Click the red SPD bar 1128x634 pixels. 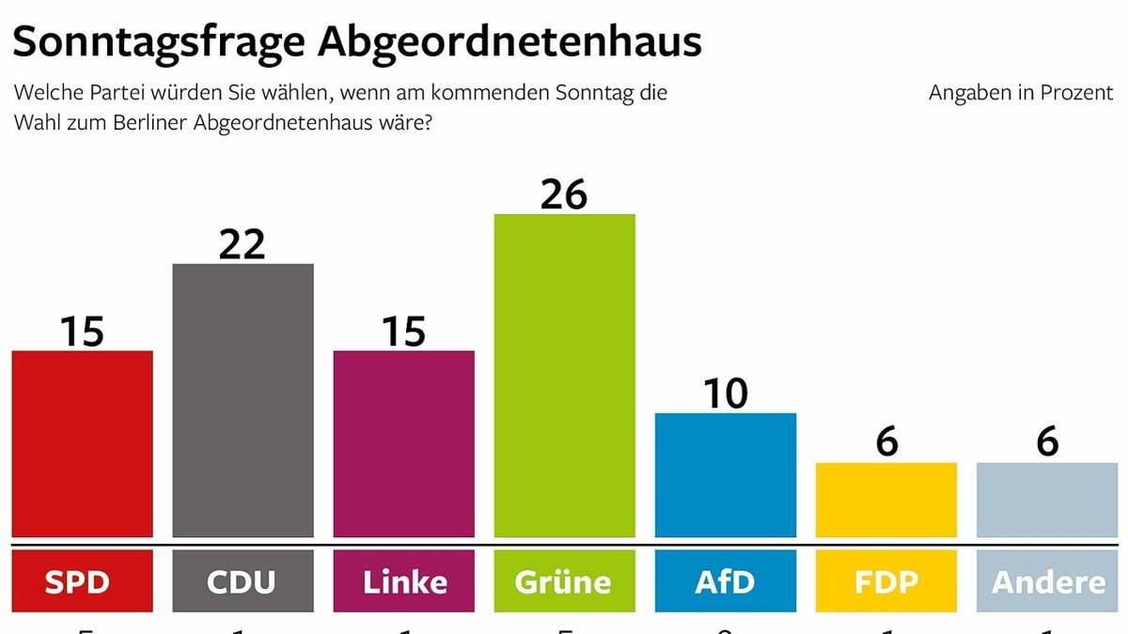82,443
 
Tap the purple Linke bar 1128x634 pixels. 403,443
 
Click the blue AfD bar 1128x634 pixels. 725,474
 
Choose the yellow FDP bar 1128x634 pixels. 885,500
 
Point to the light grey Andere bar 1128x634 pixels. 1046,500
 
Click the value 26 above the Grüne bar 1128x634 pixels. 564,193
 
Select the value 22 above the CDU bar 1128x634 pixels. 243,243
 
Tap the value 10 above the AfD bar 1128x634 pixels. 725,393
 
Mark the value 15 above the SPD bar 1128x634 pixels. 82,331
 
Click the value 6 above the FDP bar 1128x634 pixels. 885,442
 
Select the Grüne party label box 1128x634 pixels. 564,581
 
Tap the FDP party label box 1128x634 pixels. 885,581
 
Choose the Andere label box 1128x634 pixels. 1046,581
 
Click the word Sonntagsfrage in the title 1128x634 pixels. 155,43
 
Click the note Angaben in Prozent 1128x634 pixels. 1020,93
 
